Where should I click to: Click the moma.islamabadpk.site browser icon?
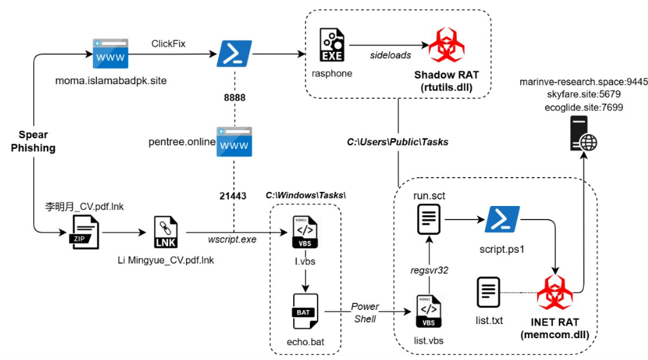(109, 53)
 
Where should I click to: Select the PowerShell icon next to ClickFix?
(234, 53)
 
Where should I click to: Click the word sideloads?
(390, 55)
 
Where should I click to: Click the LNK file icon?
(166, 232)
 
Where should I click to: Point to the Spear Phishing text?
(33, 141)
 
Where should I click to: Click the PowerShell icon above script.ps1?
(502, 219)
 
